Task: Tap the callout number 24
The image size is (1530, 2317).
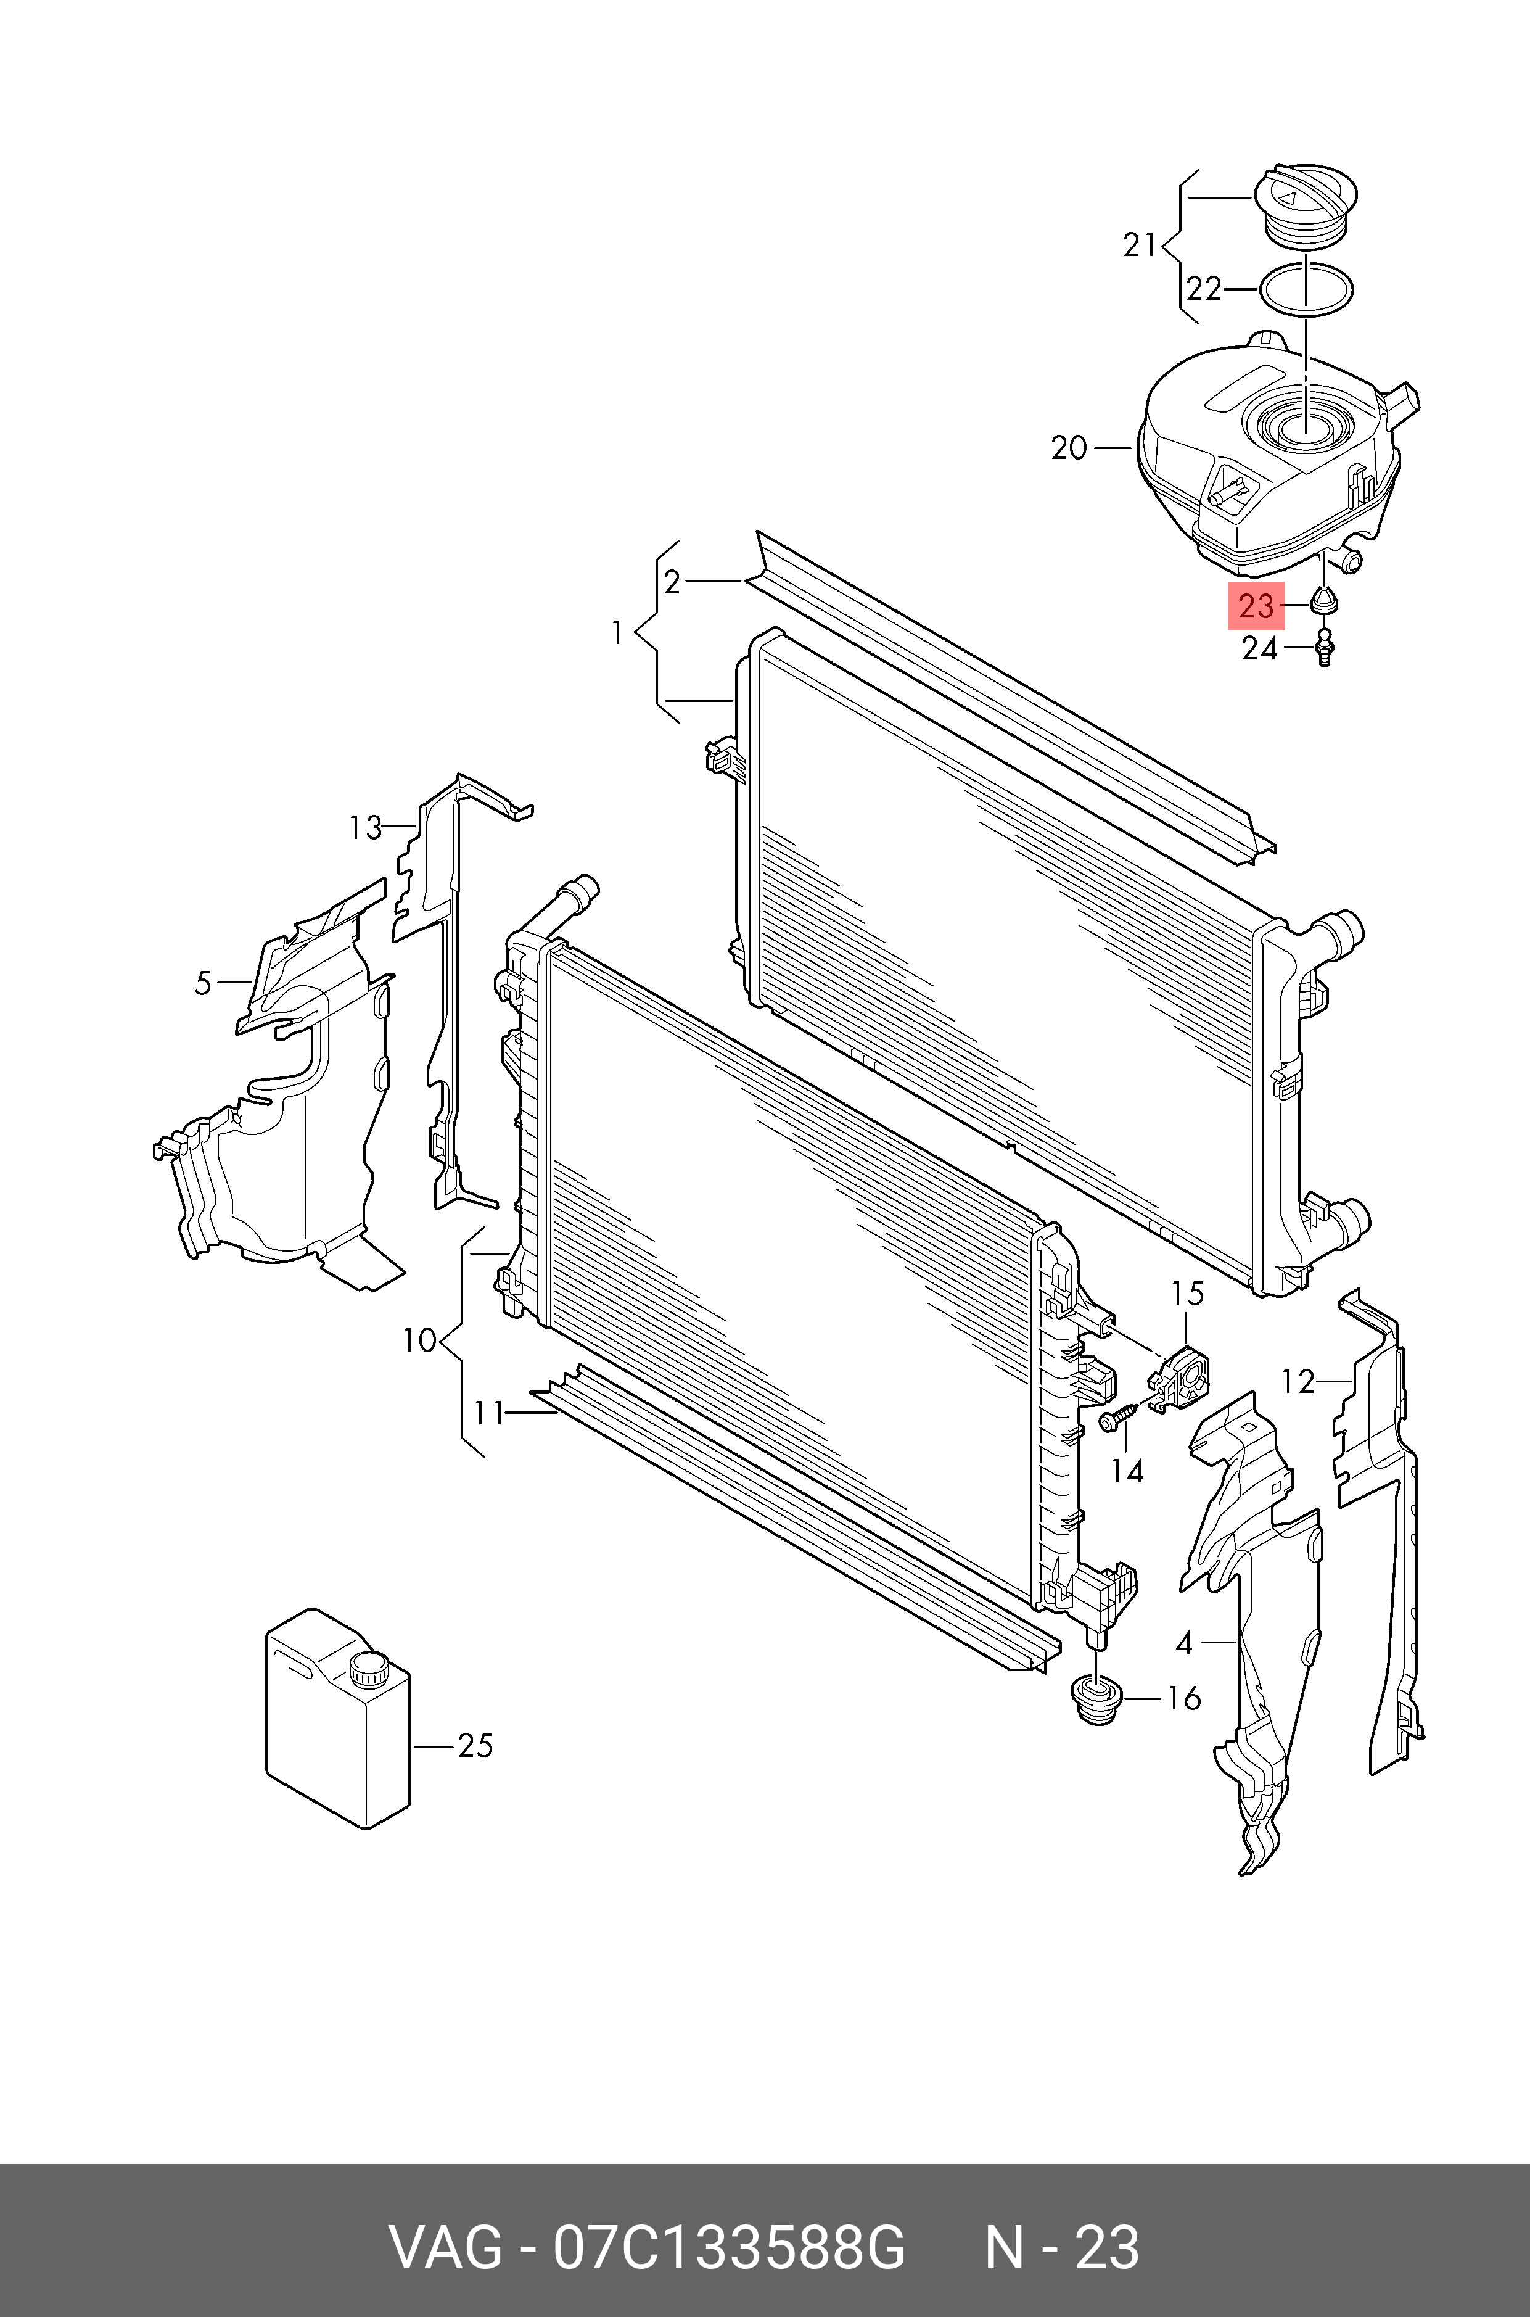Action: point(1259,649)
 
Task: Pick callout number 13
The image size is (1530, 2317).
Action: point(365,828)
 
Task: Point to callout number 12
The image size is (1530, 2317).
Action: point(1298,1381)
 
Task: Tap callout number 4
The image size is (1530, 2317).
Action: point(1183,1643)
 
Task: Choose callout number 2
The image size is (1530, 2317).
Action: point(672,583)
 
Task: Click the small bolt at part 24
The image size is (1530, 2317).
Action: point(1324,649)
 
